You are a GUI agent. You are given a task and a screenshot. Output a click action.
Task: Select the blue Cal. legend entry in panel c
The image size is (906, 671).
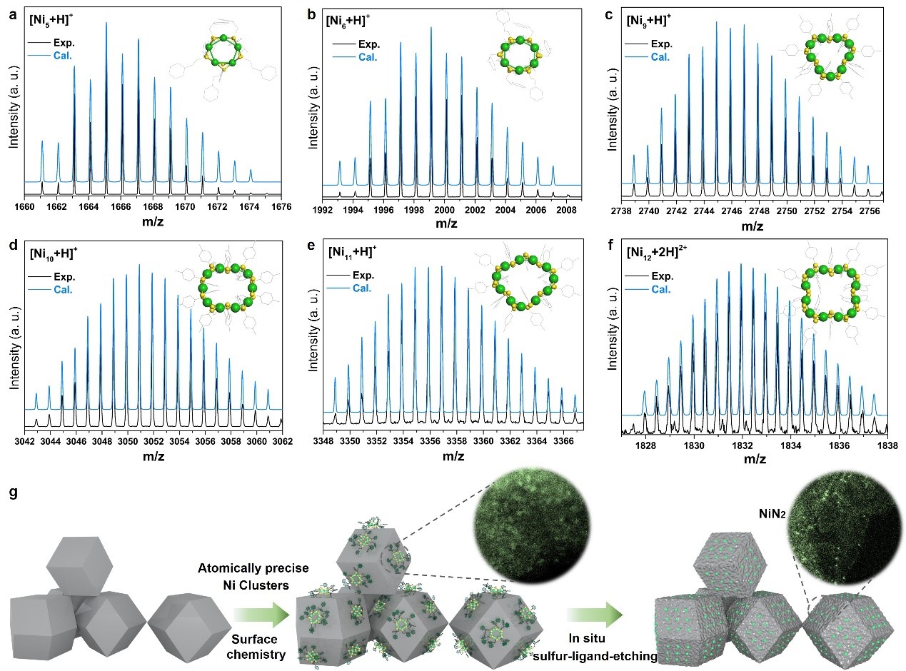click(x=660, y=56)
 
